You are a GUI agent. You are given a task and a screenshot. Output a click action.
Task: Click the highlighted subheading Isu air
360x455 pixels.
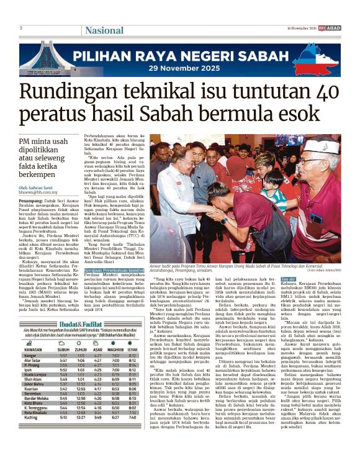(288, 263)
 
